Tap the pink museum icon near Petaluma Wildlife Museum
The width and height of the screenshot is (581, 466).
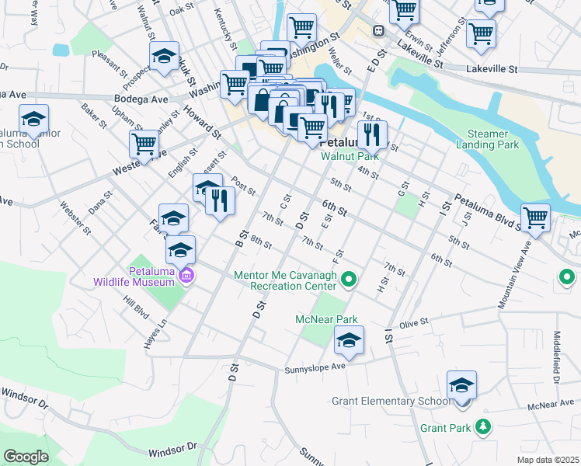(186, 276)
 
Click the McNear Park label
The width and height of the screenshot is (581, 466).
(326, 319)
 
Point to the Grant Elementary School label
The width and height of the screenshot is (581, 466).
(390, 402)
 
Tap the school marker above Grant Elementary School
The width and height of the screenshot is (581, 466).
(461, 385)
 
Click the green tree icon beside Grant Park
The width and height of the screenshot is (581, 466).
(483, 426)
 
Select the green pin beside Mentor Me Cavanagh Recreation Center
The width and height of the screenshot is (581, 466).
(350, 277)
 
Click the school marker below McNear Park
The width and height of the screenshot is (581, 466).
(349, 340)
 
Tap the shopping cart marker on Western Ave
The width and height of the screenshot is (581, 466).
(144, 144)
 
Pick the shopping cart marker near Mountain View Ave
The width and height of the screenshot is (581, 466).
(536, 218)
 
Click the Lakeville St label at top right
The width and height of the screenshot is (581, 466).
(492, 69)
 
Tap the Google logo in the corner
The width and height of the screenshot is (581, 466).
(26, 457)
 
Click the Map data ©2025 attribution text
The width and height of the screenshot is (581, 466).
(548, 460)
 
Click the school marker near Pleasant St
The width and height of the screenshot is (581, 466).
(164, 57)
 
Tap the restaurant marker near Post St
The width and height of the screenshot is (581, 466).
(221, 200)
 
